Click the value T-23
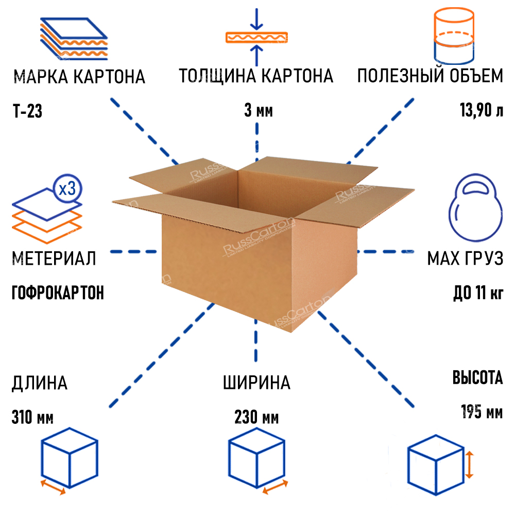[26, 111]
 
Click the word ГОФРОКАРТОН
[57, 293]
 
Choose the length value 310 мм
[32, 416]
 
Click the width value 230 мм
[256, 416]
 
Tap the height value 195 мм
[482, 413]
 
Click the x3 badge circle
[67, 188]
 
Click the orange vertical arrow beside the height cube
[469, 463]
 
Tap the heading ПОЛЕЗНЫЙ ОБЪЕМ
[430, 77]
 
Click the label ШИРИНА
[256, 383]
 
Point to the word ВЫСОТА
[477, 379]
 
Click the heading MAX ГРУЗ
[465, 259]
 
